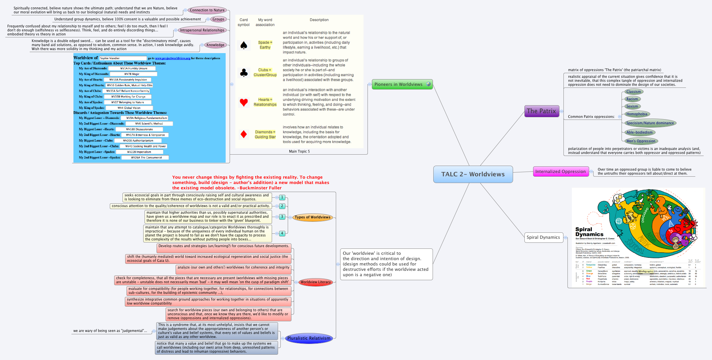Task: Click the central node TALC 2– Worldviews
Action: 473,174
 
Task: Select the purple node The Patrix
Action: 541,111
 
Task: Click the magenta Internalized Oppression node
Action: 560,172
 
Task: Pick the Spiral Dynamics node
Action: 543,237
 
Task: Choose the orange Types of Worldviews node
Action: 312,217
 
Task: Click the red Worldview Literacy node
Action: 315,282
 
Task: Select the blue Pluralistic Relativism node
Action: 309,338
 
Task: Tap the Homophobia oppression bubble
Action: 637,114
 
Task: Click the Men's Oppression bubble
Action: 641,141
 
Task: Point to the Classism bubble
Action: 633,92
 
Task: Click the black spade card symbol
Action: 244,45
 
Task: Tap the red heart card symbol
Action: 244,102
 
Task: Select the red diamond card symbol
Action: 244,134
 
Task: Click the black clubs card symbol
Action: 244,72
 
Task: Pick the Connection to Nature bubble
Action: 207,10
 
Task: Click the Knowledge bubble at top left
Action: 215,45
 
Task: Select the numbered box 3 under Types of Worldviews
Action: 282,217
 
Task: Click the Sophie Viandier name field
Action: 123,58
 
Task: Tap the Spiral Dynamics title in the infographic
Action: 589,232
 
